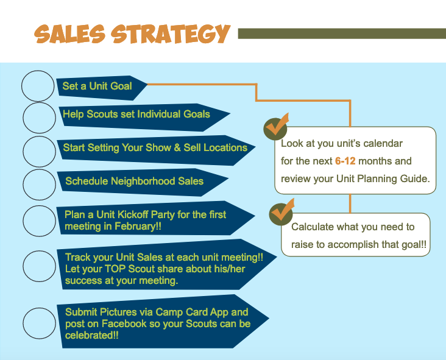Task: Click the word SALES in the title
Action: click(69, 34)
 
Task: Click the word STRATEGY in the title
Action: click(171, 34)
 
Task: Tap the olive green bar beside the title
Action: click(342, 34)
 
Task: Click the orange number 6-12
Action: click(345, 161)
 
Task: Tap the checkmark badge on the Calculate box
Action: click(281, 213)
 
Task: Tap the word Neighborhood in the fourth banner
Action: click(143, 181)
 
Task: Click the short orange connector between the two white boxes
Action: click(350, 203)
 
